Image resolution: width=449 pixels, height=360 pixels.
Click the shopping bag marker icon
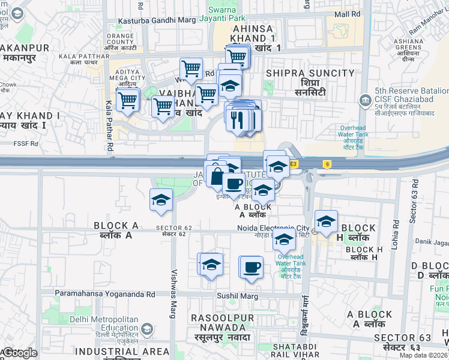click(216, 175)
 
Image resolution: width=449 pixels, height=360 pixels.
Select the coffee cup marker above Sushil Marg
click(252, 266)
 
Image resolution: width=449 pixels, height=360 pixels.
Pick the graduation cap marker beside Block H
click(326, 221)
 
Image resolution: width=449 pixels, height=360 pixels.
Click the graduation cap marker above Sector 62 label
click(161, 200)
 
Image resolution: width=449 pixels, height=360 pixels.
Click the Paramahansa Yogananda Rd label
click(105, 294)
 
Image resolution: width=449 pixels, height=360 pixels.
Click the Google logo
click(20, 353)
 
